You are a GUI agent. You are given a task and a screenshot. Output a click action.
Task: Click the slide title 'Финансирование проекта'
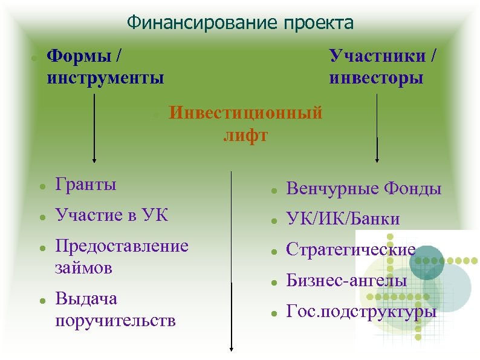point(240,23)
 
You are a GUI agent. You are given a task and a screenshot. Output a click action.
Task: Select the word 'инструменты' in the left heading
point(105,78)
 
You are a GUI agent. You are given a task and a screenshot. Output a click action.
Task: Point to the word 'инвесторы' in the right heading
point(376,78)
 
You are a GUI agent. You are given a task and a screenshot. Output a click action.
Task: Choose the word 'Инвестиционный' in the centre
point(245,113)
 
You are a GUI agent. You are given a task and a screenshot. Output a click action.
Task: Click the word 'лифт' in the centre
point(245,134)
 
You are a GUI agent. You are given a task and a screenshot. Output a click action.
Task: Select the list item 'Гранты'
point(85,184)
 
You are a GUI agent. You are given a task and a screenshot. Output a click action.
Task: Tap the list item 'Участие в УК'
point(111,215)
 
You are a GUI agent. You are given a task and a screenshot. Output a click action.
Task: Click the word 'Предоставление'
point(122,246)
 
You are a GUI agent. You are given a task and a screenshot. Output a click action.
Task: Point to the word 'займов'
point(83,267)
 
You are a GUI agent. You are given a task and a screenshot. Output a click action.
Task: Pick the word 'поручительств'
point(115,320)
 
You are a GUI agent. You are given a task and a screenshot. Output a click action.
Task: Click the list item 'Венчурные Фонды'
point(363,189)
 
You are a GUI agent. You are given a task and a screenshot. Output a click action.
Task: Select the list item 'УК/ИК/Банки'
point(343,218)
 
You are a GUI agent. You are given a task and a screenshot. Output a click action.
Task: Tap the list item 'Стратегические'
point(351,249)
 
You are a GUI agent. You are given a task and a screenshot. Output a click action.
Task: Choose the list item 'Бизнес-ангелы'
point(346,281)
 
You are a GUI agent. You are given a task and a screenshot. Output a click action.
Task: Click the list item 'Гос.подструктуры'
point(361,312)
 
